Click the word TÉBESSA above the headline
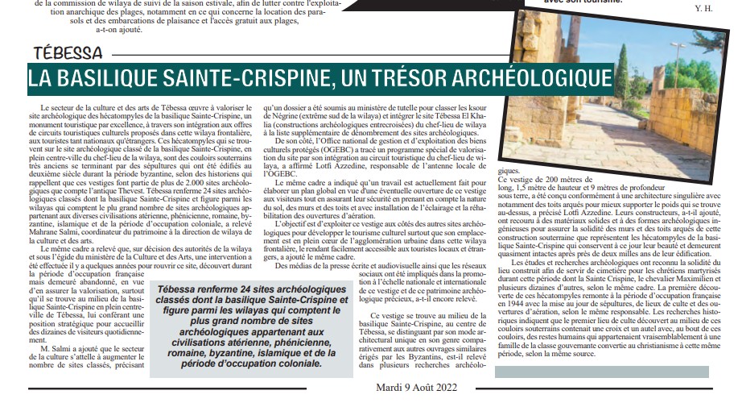tap(68, 54)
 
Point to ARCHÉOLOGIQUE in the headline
tap(556, 78)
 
